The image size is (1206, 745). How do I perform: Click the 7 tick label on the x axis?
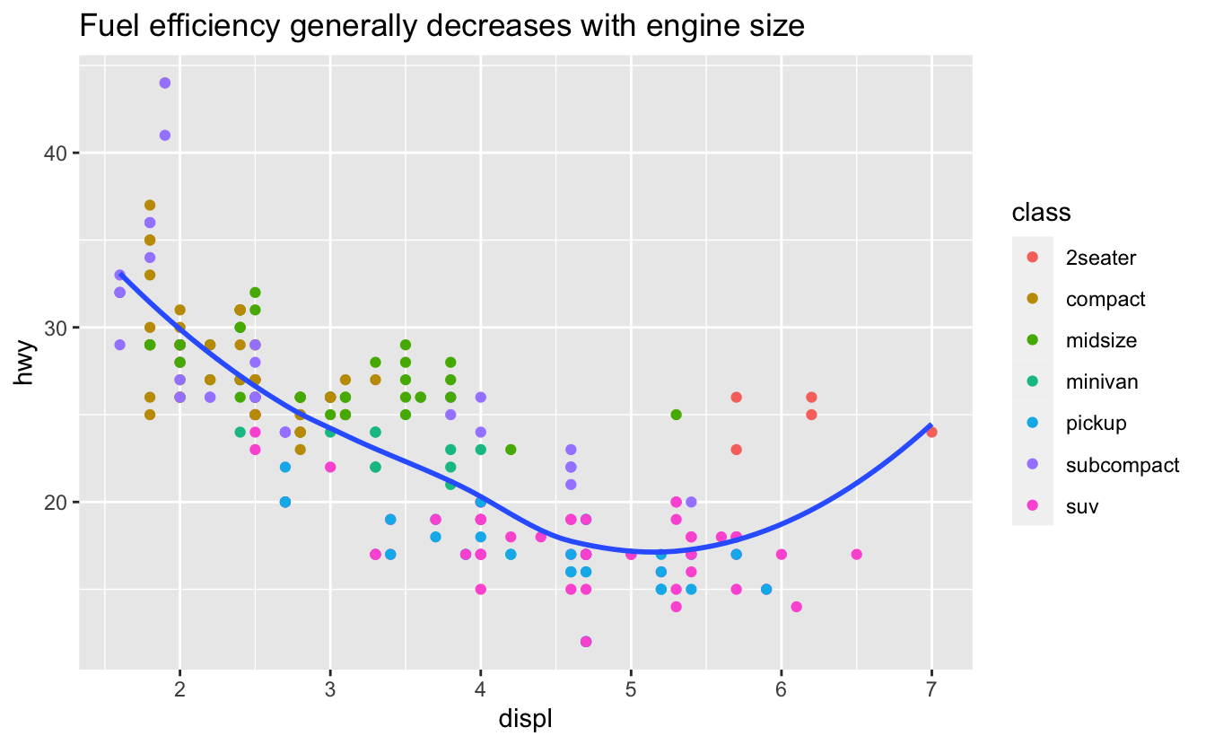point(931,688)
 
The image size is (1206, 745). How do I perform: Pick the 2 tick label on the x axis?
point(179,688)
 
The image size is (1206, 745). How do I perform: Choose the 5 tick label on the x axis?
point(631,688)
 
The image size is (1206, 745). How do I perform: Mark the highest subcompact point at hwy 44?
point(164,83)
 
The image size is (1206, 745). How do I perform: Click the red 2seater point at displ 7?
point(931,432)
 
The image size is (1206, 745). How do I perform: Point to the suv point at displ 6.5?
point(856,554)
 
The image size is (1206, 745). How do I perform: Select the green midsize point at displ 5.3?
point(676,415)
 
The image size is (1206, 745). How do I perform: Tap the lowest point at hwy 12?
point(586,641)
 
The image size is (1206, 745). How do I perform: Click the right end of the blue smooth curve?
point(931,425)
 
